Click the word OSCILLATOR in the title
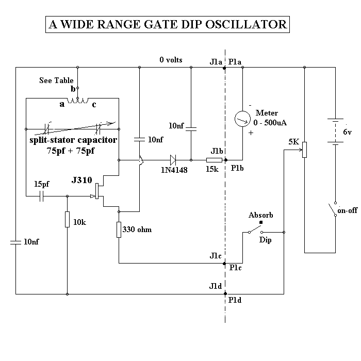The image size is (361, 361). click(250, 24)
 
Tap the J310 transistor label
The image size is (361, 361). click(81, 180)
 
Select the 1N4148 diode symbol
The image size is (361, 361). click(173, 160)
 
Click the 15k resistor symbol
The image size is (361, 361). click(214, 160)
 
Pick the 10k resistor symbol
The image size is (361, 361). click(67, 219)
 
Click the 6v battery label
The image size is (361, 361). click(347, 133)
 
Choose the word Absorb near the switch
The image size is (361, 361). click(260, 215)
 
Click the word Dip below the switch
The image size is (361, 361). click(265, 240)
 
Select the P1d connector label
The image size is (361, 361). click(236, 300)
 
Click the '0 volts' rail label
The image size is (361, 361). click(171, 60)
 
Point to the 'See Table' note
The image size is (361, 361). click(57, 80)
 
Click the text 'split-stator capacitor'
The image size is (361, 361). click(72, 140)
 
